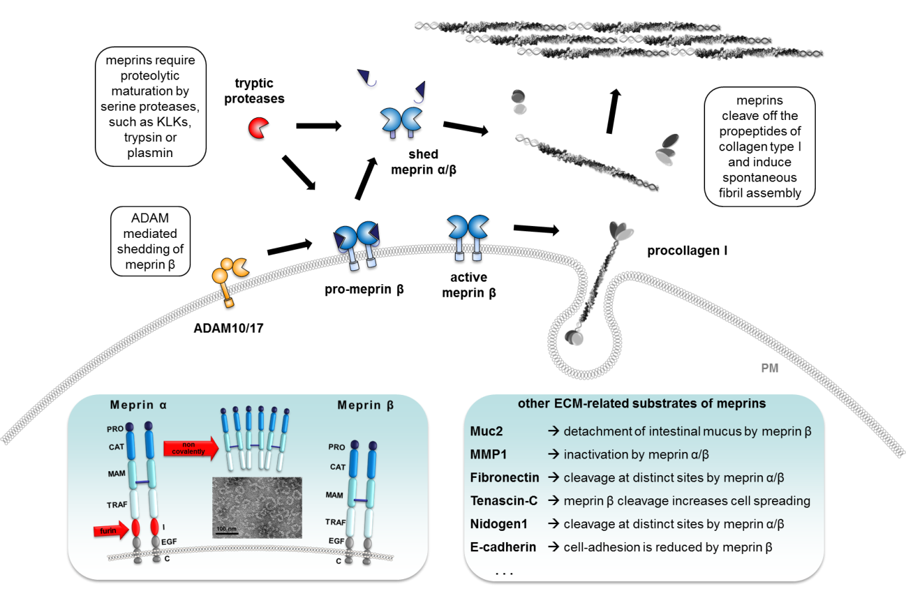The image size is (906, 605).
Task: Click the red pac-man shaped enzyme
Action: click(258, 127)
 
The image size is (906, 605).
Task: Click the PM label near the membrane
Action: click(769, 368)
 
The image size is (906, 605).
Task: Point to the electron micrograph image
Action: click(257, 507)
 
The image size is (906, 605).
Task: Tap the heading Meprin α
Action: click(139, 405)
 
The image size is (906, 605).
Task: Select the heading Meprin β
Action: click(365, 405)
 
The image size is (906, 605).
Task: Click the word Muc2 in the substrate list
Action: click(486, 431)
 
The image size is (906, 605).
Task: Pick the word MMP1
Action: click(488, 455)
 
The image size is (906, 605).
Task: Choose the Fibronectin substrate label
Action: click(504, 478)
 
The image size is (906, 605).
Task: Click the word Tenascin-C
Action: click(503, 501)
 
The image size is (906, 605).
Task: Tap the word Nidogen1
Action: click(499, 524)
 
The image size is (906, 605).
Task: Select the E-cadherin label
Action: click(503, 547)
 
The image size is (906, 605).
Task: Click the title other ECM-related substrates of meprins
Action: click(641, 404)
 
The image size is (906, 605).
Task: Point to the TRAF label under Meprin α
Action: click(117, 505)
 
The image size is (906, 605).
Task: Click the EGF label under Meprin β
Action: click(336, 541)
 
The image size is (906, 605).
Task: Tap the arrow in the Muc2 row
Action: click(553, 431)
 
